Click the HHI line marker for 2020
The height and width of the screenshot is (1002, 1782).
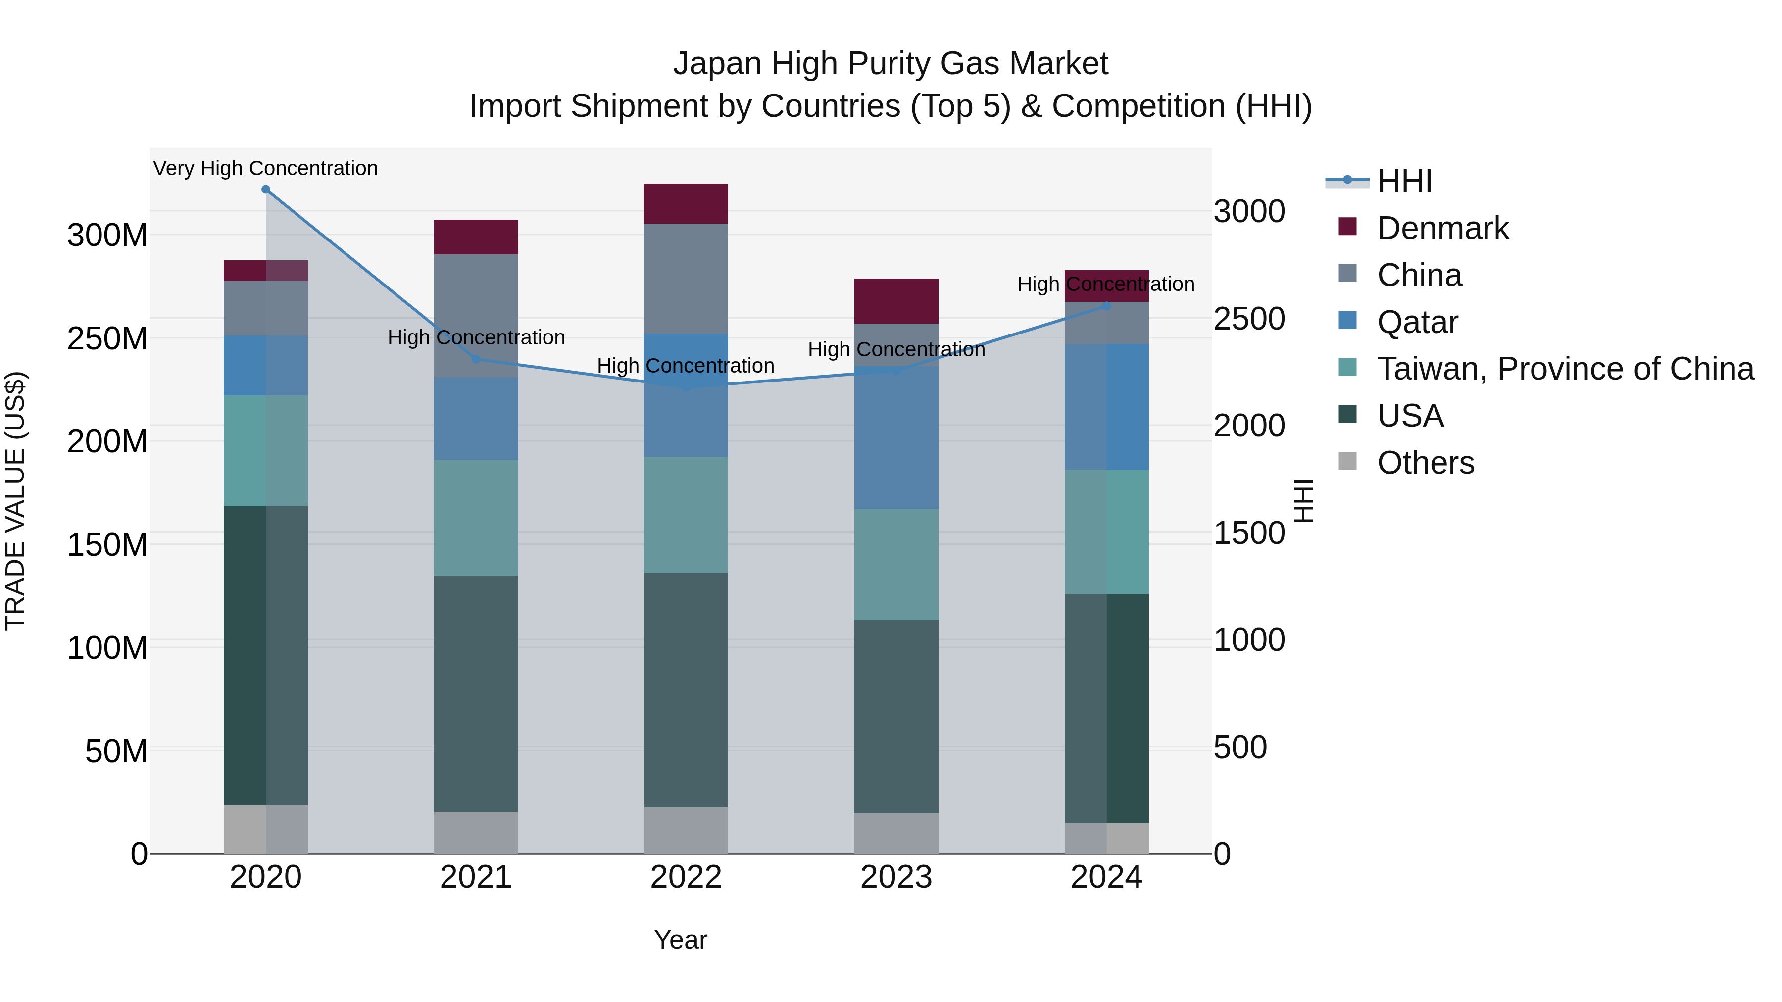tap(266, 190)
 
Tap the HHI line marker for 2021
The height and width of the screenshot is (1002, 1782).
tap(475, 359)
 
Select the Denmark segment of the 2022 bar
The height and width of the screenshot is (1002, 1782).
tap(686, 203)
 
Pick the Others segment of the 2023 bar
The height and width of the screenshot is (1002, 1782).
tap(896, 833)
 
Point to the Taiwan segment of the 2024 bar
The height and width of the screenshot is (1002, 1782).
tap(1106, 531)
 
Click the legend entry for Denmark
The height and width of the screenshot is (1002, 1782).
tap(1442, 228)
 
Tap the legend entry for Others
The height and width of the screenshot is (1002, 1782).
tap(1425, 463)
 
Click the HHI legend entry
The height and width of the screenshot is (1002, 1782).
tap(1404, 181)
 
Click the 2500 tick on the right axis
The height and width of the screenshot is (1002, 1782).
tap(1249, 319)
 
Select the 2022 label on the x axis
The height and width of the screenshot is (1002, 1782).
tap(686, 877)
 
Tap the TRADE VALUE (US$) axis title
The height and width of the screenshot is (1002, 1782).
tap(15, 501)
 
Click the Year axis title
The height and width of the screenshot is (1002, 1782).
tap(680, 940)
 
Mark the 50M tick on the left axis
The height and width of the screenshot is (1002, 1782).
tap(116, 751)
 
